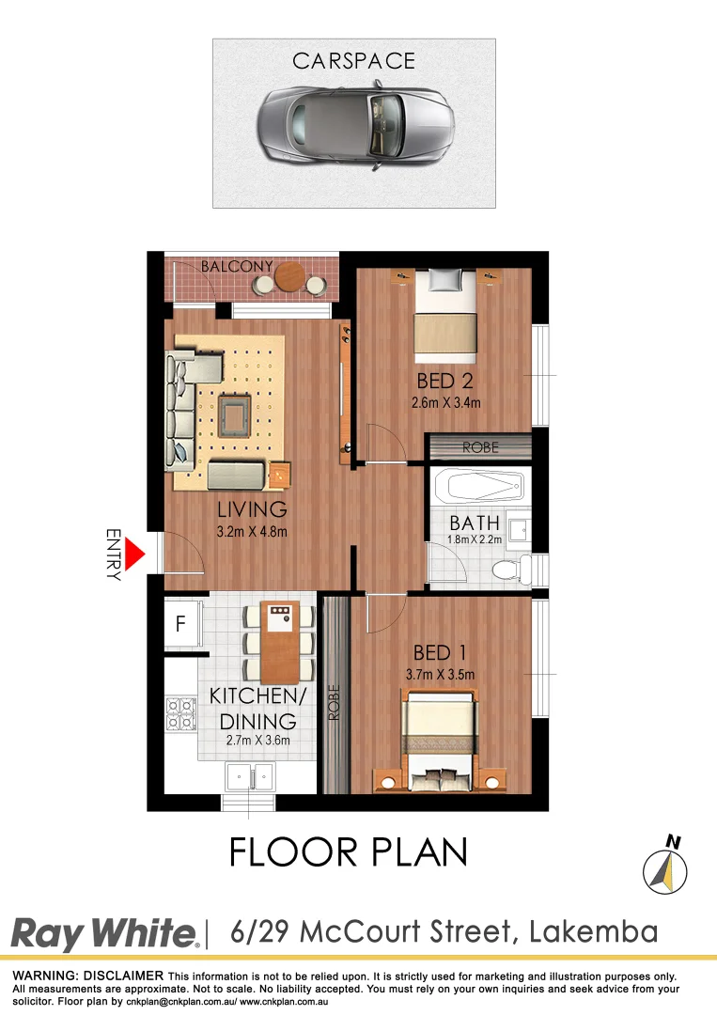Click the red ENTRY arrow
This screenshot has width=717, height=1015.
click(x=134, y=554)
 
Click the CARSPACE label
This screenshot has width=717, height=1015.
click(x=353, y=62)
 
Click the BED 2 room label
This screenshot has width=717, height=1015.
click(x=445, y=382)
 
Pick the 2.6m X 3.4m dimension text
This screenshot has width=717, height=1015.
click(x=446, y=404)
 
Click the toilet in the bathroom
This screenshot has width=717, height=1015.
click(x=507, y=568)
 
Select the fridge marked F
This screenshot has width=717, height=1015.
click(x=180, y=623)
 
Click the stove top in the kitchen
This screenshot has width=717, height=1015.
click(x=178, y=713)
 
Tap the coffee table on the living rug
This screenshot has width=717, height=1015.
click(x=232, y=414)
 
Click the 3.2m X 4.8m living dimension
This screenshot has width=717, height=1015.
click(x=251, y=532)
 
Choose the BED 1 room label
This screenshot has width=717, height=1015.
click(x=442, y=652)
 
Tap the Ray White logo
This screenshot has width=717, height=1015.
click(x=104, y=934)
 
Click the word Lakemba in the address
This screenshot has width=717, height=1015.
click(x=593, y=932)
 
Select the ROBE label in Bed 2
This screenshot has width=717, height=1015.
click(x=480, y=447)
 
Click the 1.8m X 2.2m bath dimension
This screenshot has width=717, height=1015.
click(x=475, y=541)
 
